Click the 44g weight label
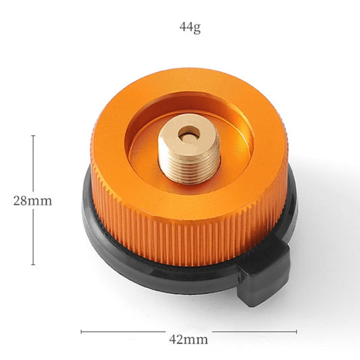[x=189, y=28]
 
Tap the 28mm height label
[x=32, y=201]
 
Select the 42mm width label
[x=188, y=338]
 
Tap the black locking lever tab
[x=265, y=276]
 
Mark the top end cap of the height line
[x=33, y=135]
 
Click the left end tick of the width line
[x=81, y=332]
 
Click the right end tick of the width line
[x=297, y=332]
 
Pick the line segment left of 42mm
[x=122, y=332]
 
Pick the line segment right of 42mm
[x=257, y=332]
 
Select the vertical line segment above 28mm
[x=33, y=162]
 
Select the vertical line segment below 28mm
[x=33, y=236]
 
